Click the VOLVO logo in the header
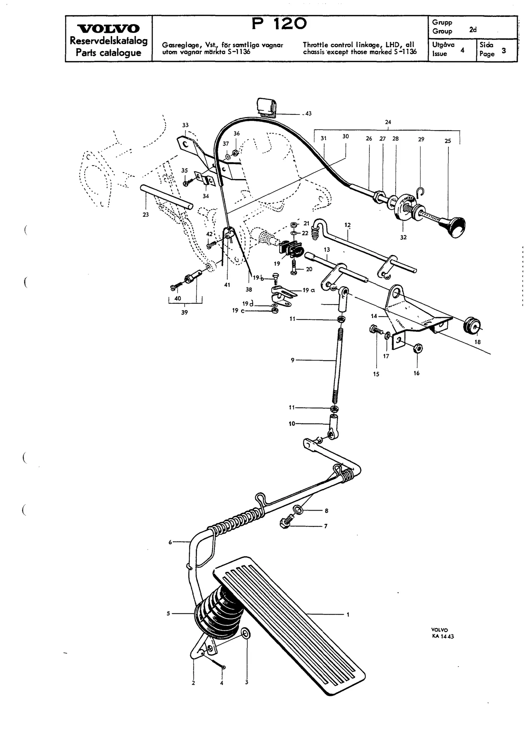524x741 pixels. coord(108,28)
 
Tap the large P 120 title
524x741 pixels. coord(279,24)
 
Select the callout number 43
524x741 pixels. coord(308,113)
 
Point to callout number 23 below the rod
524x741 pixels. coord(146,214)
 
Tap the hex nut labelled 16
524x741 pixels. coord(418,349)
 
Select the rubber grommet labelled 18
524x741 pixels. coord(472,326)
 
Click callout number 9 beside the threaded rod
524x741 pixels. coord(293,360)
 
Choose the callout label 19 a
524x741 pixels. coord(309,290)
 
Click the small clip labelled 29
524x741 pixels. coord(421,192)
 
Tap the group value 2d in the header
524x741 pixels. coord(473,30)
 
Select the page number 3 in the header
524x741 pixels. coord(504,50)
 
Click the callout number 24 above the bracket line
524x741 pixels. coord(388,122)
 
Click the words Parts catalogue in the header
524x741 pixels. coord(109,52)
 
